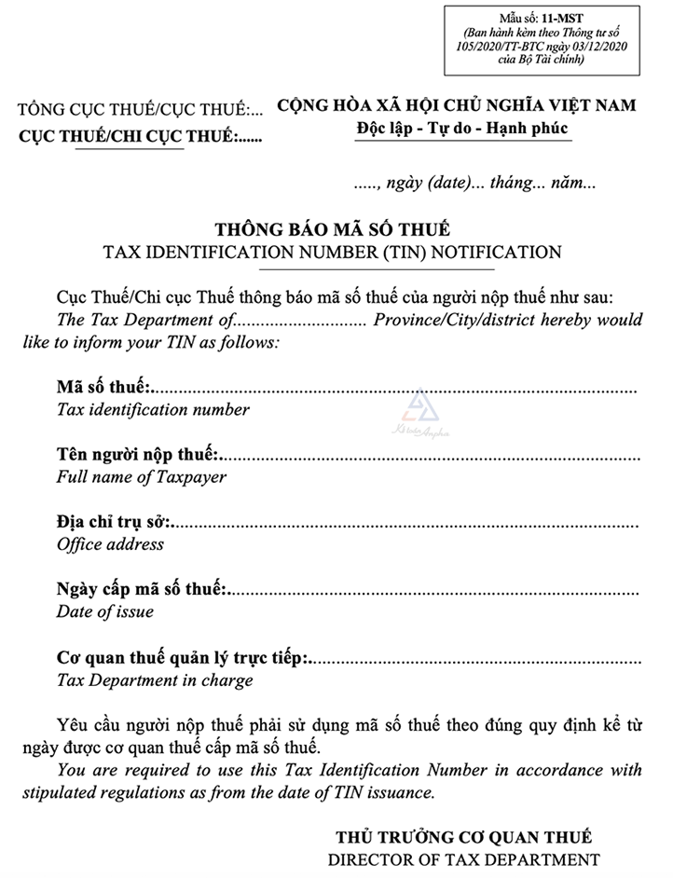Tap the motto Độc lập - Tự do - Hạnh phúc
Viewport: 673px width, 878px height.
click(x=462, y=129)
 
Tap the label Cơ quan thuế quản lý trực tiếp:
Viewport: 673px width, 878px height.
click(x=183, y=657)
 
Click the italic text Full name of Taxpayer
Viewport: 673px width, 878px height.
click(x=142, y=477)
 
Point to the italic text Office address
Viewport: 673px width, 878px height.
click(x=110, y=544)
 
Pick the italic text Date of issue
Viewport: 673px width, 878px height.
click(x=105, y=612)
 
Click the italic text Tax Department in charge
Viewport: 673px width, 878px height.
click(x=155, y=680)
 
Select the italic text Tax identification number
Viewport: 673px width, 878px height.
click(x=153, y=409)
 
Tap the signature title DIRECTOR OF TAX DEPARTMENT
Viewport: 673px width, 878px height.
click(x=463, y=859)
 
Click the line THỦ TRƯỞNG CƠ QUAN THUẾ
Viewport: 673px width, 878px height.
click(x=463, y=836)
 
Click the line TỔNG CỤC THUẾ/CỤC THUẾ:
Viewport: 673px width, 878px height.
click(x=140, y=111)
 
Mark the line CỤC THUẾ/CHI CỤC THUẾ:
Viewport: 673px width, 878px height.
click(x=140, y=137)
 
